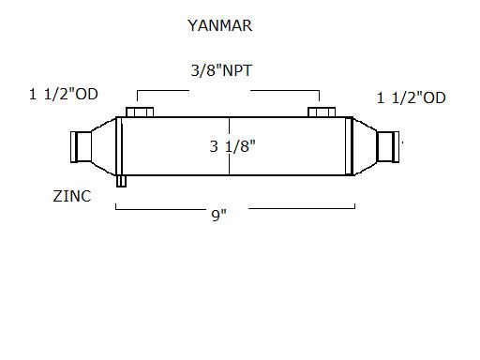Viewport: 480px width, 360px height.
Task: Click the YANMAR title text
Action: coord(219,25)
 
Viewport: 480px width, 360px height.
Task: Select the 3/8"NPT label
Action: coord(221,70)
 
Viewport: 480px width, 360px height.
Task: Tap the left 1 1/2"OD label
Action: coord(64,94)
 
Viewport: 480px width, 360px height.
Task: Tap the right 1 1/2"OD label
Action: coord(412,97)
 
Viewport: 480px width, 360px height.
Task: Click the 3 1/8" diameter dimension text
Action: coord(232,146)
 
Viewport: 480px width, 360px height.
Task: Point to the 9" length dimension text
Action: coord(218,215)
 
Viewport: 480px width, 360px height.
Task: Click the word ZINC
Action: coord(72,196)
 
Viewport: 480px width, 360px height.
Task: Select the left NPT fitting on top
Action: coord(140,112)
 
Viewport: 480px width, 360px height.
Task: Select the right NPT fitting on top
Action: coord(322,112)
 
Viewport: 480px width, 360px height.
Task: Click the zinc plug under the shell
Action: coord(121,181)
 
